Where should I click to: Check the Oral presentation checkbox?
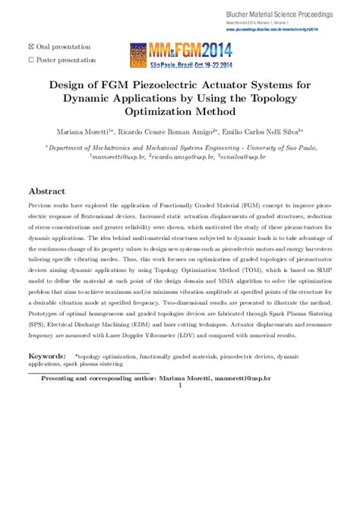point(31,47)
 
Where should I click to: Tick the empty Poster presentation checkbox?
point(31,59)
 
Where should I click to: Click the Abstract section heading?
point(49,191)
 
